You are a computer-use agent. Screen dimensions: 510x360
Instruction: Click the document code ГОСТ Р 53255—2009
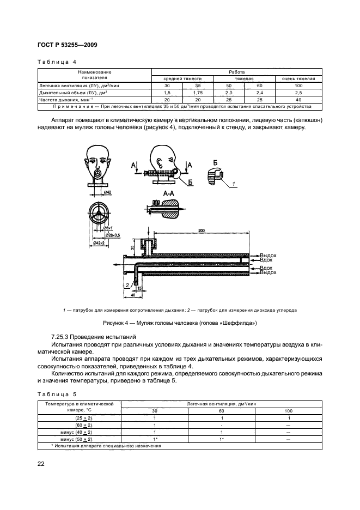tap(67, 46)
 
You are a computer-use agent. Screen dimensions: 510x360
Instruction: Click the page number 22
tap(41, 463)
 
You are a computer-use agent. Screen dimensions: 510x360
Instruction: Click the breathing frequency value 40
tap(298, 100)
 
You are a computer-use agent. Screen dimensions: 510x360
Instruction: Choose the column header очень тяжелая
tap(298, 78)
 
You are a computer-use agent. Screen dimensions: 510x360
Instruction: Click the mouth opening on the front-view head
tap(97, 173)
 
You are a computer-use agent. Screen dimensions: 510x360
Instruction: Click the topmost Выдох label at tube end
tap(268, 255)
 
